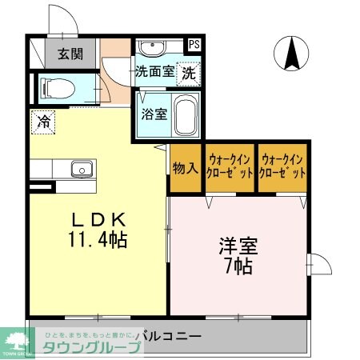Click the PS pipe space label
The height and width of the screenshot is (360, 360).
pos(194,45)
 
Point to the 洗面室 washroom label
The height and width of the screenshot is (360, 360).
pos(154,70)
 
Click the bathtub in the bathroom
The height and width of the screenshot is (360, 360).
pos(186,116)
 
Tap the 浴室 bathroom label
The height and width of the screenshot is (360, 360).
pos(154,113)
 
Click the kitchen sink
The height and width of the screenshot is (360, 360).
pos(81,169)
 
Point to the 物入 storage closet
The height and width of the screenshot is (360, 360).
pos(184,168)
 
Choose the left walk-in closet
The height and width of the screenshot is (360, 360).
pos(230,167)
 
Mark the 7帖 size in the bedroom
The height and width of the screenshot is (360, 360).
pos(238,266)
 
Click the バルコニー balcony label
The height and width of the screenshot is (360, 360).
pos(168,335)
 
